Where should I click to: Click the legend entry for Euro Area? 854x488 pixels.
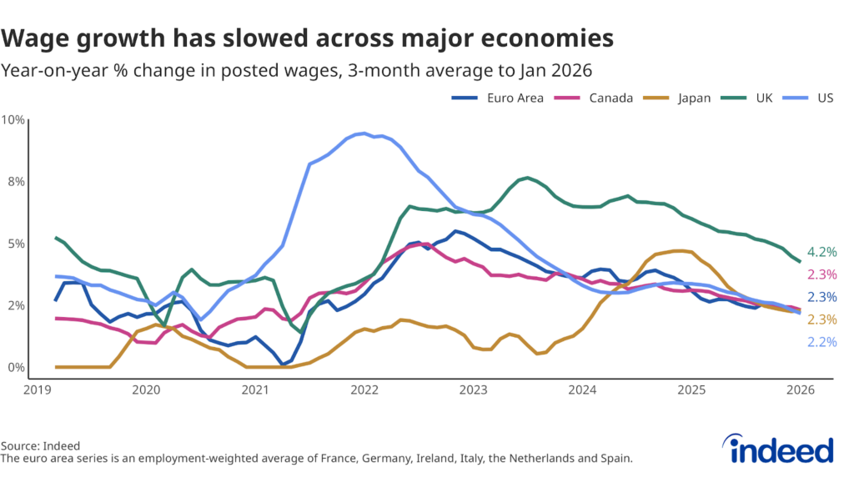[x=497, y=98]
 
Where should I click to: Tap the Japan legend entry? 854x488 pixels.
[x=678, y=98]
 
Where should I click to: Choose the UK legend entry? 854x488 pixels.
[x=753, y=98]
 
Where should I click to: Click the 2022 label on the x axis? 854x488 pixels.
[x=364, y=390]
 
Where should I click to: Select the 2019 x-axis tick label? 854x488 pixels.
[x=37, y=390]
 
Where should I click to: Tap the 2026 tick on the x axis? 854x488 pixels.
[x=801, y=390]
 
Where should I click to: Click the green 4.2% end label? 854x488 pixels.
[x=822, y=252]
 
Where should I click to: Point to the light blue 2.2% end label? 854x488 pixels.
[x=822, y=342]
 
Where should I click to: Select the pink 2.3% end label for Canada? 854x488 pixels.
[x=822, y=274]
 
